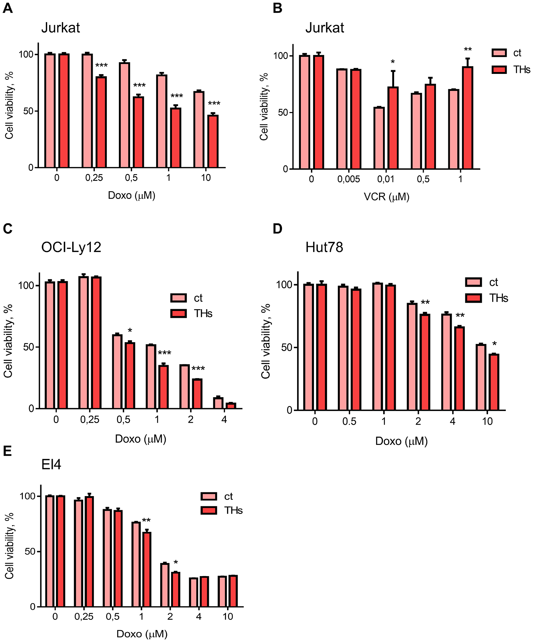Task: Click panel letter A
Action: pos(8,8)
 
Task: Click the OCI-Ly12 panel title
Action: pos(71,247)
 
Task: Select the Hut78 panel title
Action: pos(324,247)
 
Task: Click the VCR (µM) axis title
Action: pos(386,197)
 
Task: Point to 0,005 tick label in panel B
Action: pos(349,179)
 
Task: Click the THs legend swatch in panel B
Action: pos(499,70)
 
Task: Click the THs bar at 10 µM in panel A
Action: pos(213,141)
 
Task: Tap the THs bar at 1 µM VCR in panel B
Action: pos(467,118)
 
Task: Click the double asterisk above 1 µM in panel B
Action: pos(468,50)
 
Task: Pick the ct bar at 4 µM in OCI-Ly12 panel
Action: pos(218,403)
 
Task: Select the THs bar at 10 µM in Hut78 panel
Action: pos(494,382)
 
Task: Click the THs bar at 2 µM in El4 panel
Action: pos(176,589)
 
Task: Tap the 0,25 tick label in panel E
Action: pos(84,617)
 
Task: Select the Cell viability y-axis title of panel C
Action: pos(9,341)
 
